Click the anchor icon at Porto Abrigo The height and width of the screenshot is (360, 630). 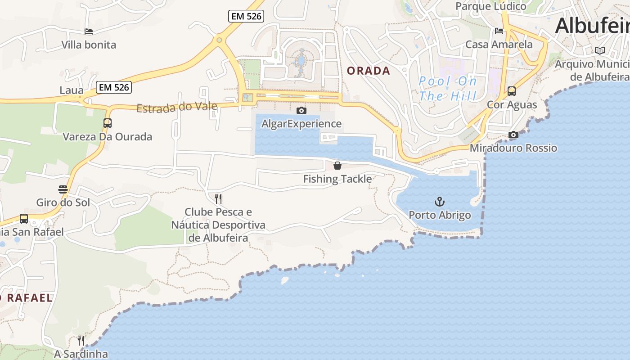coord(440,201)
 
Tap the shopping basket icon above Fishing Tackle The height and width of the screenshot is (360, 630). coord(337,166)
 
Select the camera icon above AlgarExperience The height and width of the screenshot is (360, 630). coord(301,110)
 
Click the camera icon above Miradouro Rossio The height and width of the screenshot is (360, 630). coord(513,135)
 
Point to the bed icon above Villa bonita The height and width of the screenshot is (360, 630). coord(89,31)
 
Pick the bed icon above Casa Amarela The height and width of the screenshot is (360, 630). coord(499,31)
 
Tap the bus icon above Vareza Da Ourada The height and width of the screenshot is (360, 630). coord(108,123)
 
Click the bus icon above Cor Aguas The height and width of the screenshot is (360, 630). coord(512,91)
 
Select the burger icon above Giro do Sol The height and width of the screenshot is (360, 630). coord(63,189)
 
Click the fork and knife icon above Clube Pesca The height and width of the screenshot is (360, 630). coord(218,198)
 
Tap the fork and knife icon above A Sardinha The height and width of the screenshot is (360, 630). coord(81,340)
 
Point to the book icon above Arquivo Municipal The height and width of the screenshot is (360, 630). coord(599,50)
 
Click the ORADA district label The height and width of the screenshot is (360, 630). coord(369,71)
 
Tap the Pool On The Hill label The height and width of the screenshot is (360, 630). coord(448,89)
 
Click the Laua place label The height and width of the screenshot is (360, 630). coord(72,90)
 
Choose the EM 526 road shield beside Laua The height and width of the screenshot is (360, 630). coord(114,87)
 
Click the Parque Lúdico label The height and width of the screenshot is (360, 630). coord(491,6)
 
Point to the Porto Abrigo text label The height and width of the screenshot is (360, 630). coord(440,215)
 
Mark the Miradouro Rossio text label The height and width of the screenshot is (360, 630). coord(513,148)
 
